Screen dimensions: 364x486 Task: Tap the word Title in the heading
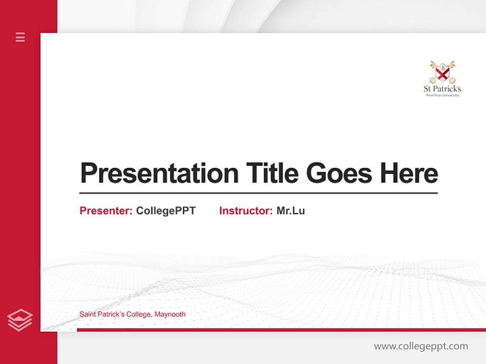(272, 173)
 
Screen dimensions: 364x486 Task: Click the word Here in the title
(409, 173)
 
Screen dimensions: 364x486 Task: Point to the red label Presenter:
(106, 211)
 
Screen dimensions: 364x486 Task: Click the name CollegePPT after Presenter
(166, 211)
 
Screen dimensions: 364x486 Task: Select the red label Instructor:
(246, 211)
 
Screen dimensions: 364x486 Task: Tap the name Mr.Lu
(291, 211)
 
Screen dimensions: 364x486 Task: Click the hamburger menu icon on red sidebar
(20, 37)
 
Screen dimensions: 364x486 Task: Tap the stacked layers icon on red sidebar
(20, 320)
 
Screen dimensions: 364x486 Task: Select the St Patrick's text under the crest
(442, 89)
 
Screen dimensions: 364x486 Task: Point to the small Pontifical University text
(442, 95)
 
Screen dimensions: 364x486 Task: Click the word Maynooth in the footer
(170, 314)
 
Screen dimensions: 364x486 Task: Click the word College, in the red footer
(139, 314)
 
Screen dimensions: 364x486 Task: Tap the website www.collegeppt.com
(421, 346)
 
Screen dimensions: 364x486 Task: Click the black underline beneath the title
(258, 193)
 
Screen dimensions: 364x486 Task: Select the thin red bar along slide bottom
(281, 330)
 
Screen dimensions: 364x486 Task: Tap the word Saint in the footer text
(87, 314)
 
